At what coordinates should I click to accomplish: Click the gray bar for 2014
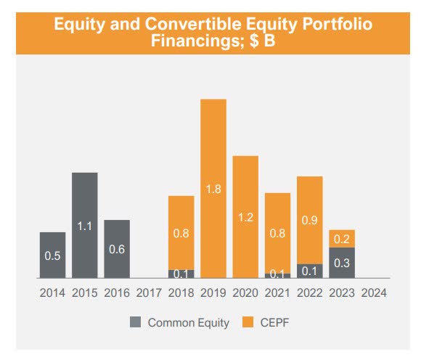(52, 255)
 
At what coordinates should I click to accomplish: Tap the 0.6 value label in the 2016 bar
(117, 248)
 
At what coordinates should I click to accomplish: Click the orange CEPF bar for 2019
(213, 189)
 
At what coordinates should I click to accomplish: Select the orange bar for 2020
(245, 217)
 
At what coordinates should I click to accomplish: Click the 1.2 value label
(245, 217)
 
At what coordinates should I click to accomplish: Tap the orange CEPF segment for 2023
(342, 238)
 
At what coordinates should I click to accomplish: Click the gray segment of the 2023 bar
(342, 263)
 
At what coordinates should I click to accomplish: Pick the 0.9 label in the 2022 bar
(310, 219)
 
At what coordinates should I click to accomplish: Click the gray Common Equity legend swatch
(135, 322)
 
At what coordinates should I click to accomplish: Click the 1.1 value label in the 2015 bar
(85, 226)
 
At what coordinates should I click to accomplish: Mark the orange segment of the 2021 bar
(277, 232)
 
